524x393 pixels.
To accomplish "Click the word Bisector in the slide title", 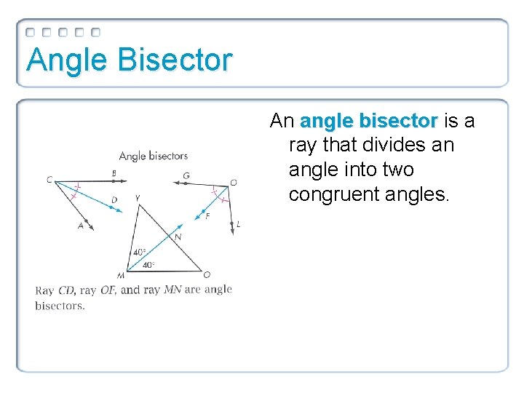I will click(174, 60).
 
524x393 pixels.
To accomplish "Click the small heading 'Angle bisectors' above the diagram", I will click(153, 156).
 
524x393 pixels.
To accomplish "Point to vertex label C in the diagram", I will click(49, 180).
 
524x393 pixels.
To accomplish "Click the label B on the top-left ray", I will click(114, 173).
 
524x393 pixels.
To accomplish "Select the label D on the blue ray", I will click(114, 200).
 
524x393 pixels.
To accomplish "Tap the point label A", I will click(81, 226).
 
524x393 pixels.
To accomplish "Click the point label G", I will click(186, 175).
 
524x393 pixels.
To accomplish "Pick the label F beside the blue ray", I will click(207, 216).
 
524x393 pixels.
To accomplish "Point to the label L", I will click(238, 225).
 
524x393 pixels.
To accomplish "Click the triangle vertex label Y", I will click(137, 198).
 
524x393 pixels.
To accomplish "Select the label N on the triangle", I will click(178, 237).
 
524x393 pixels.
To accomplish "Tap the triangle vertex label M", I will click(120, 275).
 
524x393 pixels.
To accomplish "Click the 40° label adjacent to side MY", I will click(138, 253).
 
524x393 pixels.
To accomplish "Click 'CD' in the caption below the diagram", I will click(66, 290).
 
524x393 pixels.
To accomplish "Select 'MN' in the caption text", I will click(172, 290).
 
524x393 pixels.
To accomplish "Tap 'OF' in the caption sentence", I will click(108, 290).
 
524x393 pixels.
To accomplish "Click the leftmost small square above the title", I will click(31, 33).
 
